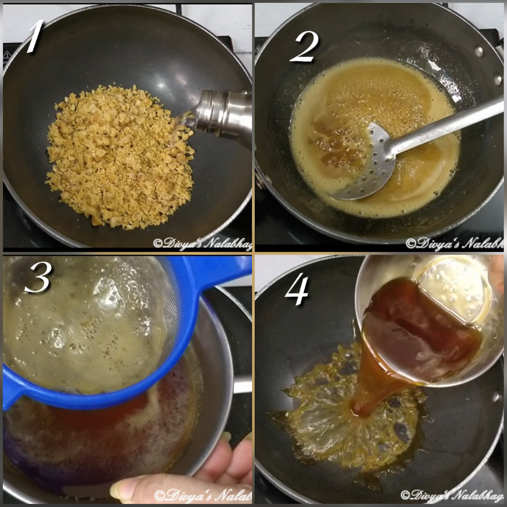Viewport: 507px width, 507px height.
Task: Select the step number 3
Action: [38, 279]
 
